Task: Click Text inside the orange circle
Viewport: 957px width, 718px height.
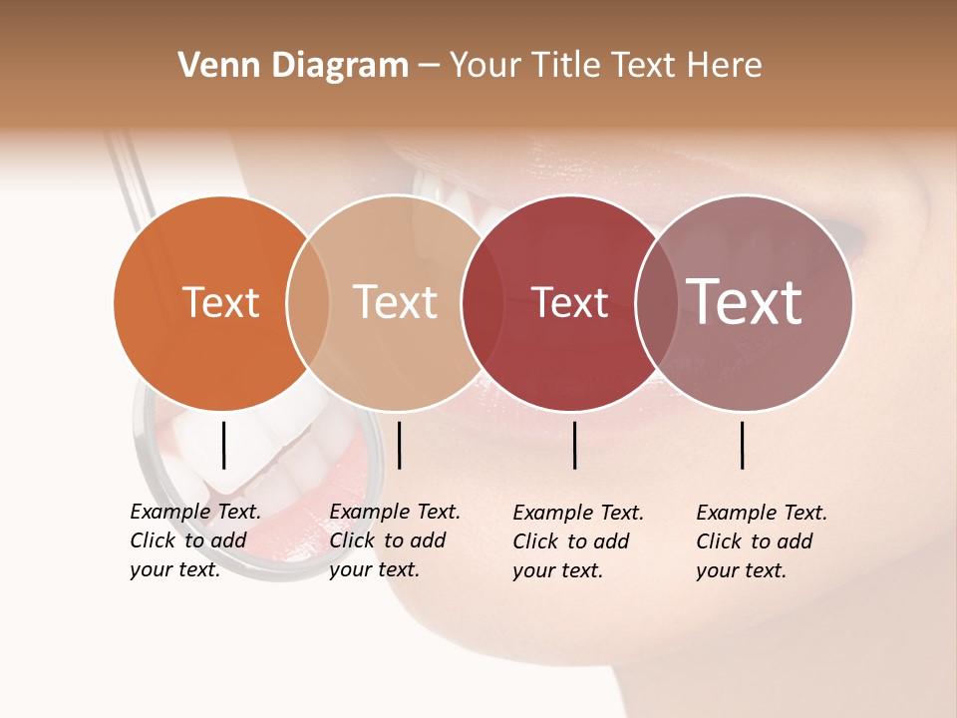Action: coord(220,302)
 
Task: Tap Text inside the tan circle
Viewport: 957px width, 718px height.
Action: coord(396,302)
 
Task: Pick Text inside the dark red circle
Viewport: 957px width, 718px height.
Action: coord(569,302)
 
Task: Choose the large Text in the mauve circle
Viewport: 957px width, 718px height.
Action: coord(745,302)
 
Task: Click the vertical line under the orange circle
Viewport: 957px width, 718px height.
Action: coord(223,445)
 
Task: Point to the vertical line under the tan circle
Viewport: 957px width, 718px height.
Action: coord(399,445)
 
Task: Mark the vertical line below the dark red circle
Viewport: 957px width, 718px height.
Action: coord(575,445)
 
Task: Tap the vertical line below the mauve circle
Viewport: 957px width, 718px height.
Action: coord(743,445)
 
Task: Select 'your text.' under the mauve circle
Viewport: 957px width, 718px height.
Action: coord(741,570)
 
